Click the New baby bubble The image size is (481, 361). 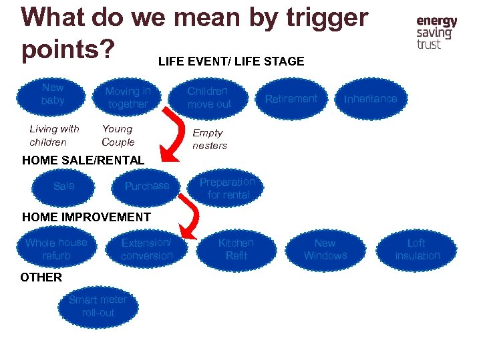click(53, 94)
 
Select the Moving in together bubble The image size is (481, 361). click(128, 98)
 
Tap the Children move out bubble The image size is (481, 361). click(209, 98)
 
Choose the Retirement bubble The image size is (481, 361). click(291, 99)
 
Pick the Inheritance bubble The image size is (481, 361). click(370, 99)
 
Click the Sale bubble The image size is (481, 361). click(64, 186)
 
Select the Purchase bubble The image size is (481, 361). click(147, 186)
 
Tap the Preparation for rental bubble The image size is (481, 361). click(227, 189)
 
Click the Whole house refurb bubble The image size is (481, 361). click(56, 249)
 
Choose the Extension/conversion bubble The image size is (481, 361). click(146, 249)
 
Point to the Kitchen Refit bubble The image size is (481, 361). click(236, 249)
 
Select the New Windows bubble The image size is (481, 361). click(325, 249)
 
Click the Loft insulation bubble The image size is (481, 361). click(417, 249)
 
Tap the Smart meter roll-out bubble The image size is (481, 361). click(98, 306)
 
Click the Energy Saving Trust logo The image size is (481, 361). click(437, 33)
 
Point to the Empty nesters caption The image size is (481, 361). click(210, 139)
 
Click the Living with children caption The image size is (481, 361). click(54, 136)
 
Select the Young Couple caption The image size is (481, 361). click(118, 136)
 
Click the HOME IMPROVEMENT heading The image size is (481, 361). click(86, 217)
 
